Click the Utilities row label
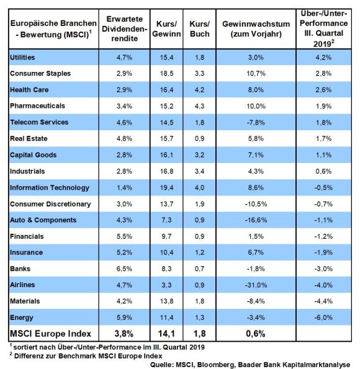coord(22,57)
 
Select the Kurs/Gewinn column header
coord(166,29)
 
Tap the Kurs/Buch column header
coord(200,29)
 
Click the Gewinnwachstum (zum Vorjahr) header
coord(256,29)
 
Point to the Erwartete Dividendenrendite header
coord(124,29)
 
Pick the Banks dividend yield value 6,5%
coord(124,269)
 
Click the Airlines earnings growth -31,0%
coord(256,285)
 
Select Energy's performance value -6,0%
coord(323,318)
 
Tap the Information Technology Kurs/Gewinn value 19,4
coord(166,187)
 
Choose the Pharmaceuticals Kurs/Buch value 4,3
coord(200,106)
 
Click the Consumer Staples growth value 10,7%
coord(256,73)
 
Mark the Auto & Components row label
coord(43,220)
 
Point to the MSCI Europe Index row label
coord(50,334)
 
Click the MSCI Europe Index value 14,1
coord(166,334)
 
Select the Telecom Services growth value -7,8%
coord(256,122)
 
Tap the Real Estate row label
coord(29,138)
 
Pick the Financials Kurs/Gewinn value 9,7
coord(166,236)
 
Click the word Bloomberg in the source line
coord(216,365)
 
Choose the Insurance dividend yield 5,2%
coord(124,252)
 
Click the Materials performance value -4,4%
coord(323,301)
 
